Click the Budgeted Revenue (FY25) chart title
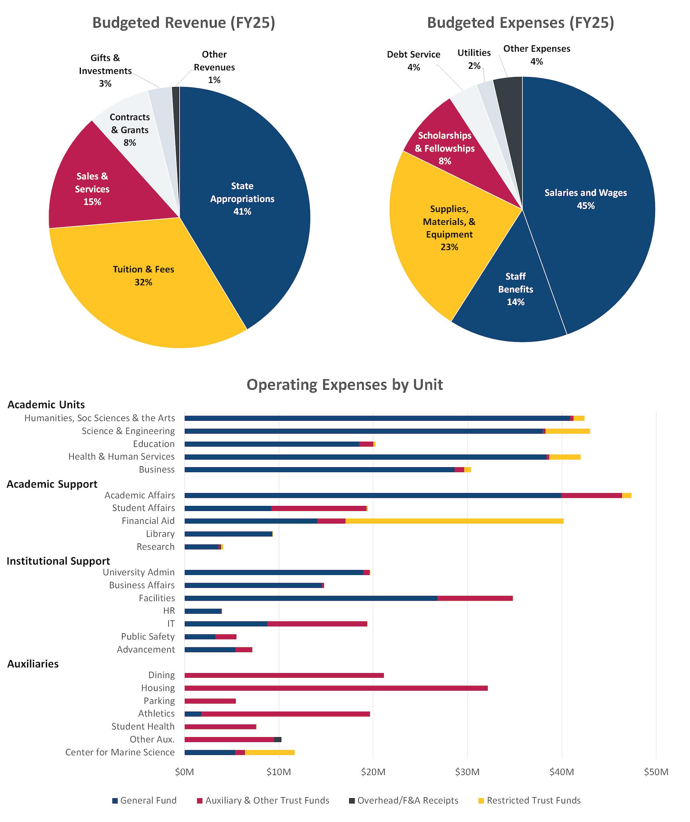(x=183, y=23)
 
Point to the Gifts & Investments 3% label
(x=105, y=71)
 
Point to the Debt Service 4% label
(x=413, y=60)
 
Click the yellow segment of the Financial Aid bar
(x=455, y=521)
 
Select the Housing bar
(x=336, y=688)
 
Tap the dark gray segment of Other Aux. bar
(x=277, y=739)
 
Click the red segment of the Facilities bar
(x=474, y=598)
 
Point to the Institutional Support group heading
(x=58, y=561)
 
